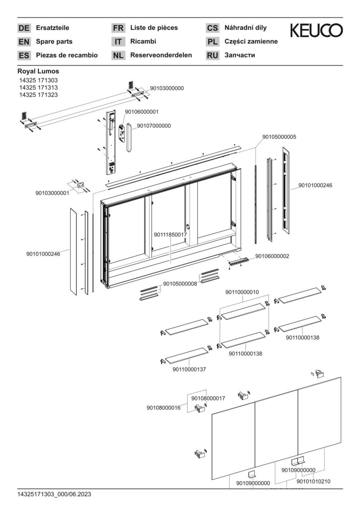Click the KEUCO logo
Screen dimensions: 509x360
tap(316, 31)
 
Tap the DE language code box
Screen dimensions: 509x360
tap(24, 28)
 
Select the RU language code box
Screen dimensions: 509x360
tap(213, 56)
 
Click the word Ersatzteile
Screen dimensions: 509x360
tap(53, 28)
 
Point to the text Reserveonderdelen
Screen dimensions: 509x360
tap(161, 55)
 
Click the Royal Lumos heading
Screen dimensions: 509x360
tap(39, 71)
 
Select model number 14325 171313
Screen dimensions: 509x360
tap(39, 88)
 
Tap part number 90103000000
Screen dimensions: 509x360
tap(167, 88)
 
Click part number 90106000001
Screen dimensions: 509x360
tap(141, 112)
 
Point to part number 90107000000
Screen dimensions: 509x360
tap(154, 126)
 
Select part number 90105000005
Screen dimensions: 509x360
tap(279, 137)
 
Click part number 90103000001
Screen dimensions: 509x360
tap(52, 193)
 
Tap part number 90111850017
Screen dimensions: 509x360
tap(171, 234)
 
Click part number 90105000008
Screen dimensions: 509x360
tap(180, 284)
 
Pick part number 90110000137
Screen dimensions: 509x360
tap(189, 369)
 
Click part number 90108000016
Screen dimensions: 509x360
tap(164, 408)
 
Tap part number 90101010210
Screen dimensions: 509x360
tap(313, 481)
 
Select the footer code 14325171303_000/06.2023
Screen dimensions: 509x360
tap(54, 494)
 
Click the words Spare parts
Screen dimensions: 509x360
tap(54, 41)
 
